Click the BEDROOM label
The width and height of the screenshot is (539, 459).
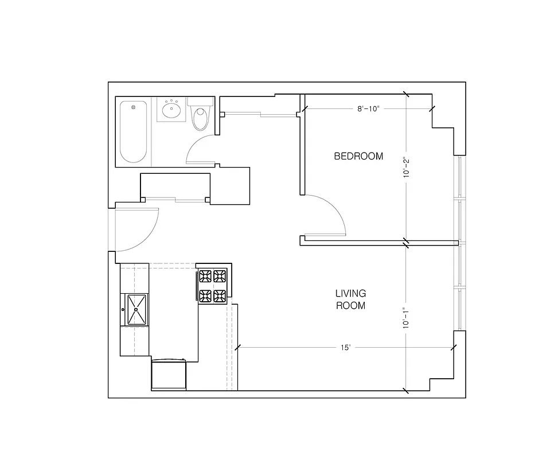pos(358,156)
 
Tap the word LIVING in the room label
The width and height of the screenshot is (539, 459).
pos(350,294)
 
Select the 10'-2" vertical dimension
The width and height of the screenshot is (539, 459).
pos(406,168)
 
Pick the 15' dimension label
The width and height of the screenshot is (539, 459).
pos(345,347)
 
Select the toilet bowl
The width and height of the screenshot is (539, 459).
pos(200,119)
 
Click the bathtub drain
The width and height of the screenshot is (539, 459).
pos(134,107)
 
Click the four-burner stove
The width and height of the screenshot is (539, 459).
pos(213,286)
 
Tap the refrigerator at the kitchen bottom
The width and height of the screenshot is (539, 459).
pos(169,376)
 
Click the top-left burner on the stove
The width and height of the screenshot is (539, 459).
pos(205,276)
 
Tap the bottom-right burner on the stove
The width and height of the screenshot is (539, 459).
pos(220,296)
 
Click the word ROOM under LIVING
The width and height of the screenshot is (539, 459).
pos(350,306)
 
